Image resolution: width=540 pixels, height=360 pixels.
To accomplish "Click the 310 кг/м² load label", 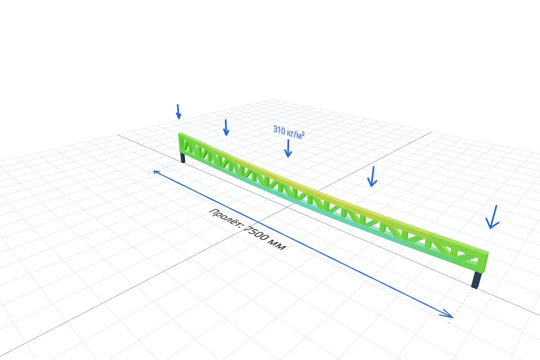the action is [289, 132].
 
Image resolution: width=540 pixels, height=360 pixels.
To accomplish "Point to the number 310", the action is [279, 130].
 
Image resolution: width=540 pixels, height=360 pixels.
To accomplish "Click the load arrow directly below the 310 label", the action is [288, 148].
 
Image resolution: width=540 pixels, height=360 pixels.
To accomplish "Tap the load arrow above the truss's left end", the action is [178, 111].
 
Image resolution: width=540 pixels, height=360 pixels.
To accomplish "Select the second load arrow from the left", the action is [226, 128].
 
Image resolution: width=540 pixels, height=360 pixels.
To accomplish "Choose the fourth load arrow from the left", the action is [372, 177].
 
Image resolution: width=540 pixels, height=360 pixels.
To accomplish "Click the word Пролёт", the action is [226, 218].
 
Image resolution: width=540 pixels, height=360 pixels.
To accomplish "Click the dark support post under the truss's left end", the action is [183, 157].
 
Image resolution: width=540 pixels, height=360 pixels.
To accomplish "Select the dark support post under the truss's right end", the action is [476, 280].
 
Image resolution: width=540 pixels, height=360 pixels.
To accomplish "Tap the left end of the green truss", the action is [180, 143].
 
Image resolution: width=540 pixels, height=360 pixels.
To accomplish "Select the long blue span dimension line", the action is [303, 244].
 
